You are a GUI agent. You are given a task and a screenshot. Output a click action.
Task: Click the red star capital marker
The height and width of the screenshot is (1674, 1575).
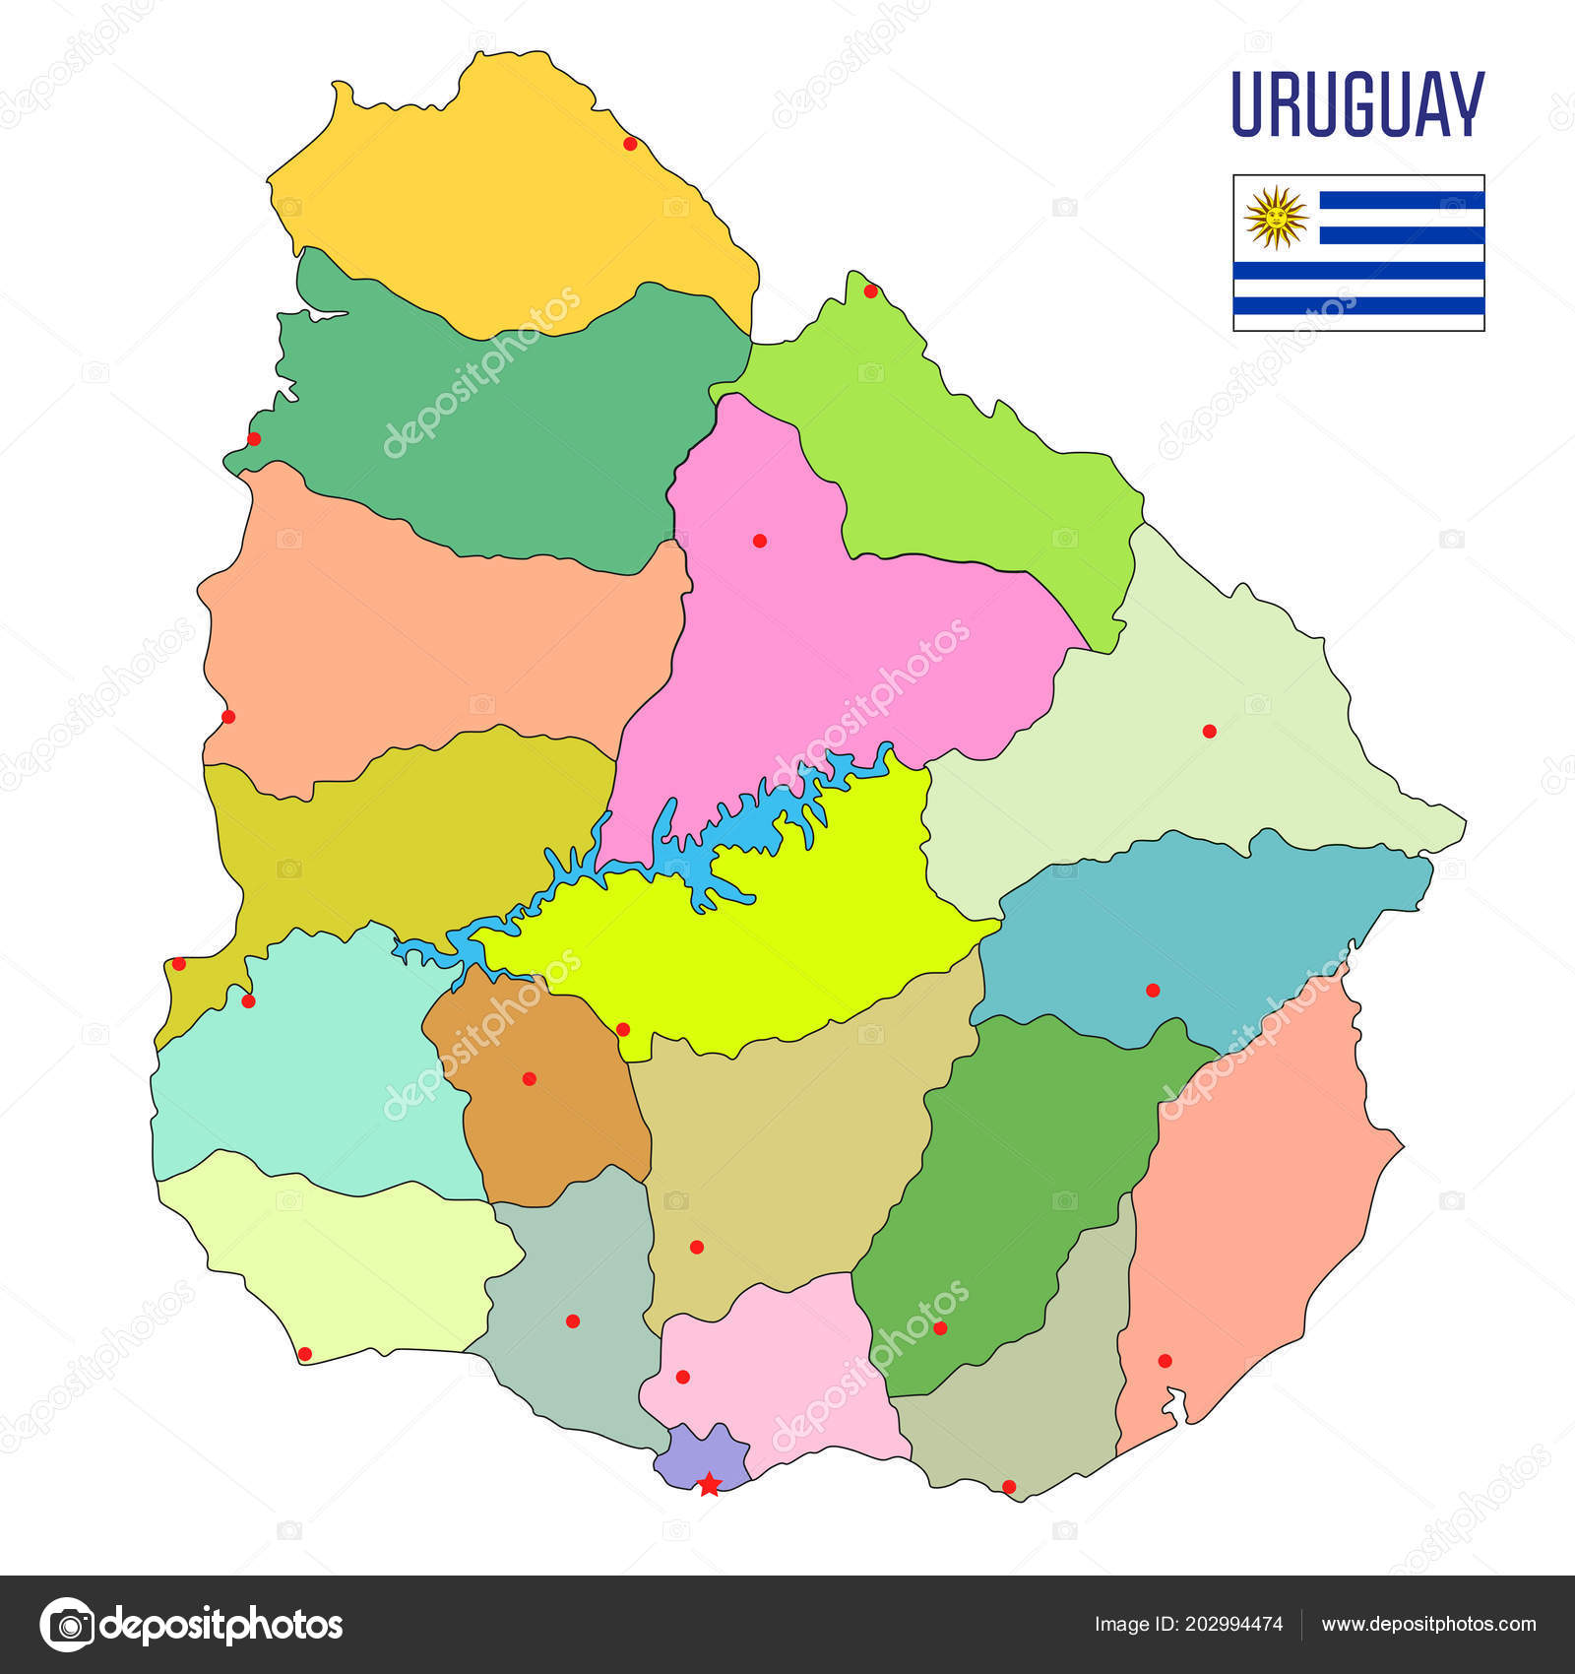tap(709, 1484)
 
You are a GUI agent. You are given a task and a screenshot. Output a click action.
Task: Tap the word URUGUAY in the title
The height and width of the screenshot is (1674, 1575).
tap(1357, 104)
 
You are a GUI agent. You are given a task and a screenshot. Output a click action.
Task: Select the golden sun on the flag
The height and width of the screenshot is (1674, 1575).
tap(1276, 217)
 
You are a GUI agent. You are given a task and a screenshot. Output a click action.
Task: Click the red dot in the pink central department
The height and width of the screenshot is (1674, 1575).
tap(759, 541)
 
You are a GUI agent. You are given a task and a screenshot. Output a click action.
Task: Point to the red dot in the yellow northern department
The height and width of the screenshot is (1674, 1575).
tap(630, 144)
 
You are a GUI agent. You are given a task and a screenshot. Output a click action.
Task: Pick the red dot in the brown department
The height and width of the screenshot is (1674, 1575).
tap(529, 1078)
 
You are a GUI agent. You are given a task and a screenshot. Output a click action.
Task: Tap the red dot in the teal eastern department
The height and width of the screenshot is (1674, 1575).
tap(1153, 990)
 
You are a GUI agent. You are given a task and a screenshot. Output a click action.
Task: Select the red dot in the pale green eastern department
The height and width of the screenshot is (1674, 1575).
tap(1209, 731)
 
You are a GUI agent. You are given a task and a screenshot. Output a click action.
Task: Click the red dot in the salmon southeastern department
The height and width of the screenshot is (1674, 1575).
tap(1165, 1361)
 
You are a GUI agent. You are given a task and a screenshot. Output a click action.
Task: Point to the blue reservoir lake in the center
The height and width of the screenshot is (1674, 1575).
tap(709, 847)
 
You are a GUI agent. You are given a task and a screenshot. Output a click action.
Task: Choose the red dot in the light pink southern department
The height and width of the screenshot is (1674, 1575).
tap(682, 1377)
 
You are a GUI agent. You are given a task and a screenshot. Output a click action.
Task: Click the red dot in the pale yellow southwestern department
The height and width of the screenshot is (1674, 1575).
tap(304, 1354)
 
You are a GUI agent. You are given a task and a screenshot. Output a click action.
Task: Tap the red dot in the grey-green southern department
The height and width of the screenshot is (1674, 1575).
tap(573, 1320)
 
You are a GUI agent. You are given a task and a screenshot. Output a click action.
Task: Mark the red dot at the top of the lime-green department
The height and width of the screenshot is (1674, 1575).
tap(870, 290)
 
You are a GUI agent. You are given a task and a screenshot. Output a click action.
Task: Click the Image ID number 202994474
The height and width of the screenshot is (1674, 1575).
tap(1237, 1624)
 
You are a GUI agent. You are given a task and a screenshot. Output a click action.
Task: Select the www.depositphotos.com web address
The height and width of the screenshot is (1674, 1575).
tap(1428, 1624)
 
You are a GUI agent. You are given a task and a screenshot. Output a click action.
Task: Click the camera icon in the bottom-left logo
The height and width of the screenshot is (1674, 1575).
tap(68, 1624)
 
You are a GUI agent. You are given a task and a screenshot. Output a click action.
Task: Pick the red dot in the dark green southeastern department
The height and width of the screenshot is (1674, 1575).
tap(940, 1327)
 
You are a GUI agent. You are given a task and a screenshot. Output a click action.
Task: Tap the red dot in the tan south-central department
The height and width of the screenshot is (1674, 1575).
tap(697, 1247)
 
